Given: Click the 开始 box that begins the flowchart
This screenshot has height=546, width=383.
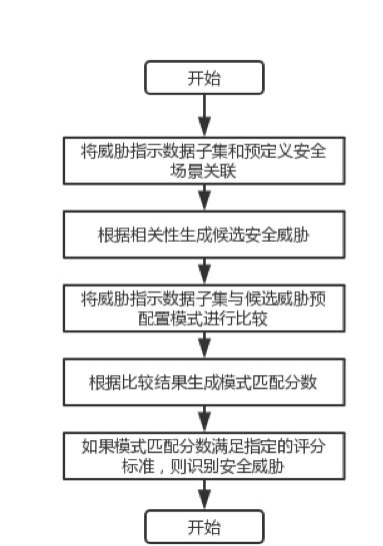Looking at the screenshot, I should click(204, 78).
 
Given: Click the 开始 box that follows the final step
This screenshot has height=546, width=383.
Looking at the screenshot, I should click(204, 526).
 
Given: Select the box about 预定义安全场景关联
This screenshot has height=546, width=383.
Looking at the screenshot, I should click(204, 160).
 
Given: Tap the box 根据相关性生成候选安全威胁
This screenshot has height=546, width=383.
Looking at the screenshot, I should click(204, 234).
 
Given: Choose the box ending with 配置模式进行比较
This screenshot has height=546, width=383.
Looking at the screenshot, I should click(204, 307).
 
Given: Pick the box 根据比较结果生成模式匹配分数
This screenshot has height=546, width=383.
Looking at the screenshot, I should click(204, 381).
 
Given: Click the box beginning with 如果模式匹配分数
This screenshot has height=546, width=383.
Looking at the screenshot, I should click(204, 454).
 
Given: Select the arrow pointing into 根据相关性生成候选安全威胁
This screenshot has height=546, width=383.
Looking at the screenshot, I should click(204, 197).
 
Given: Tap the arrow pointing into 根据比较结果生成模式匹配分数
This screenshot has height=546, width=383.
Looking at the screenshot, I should click(204, 345).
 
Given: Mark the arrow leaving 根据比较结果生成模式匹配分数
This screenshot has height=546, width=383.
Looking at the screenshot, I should click(204, 418).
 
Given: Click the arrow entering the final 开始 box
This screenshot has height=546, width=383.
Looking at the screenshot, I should click(204, 493).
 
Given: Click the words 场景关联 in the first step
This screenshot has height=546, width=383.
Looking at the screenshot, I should click(204, 171).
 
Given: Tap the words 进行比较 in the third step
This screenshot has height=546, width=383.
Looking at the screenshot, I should click(246, 318).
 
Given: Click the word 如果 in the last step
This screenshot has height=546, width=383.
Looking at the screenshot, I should click(95, 444).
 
